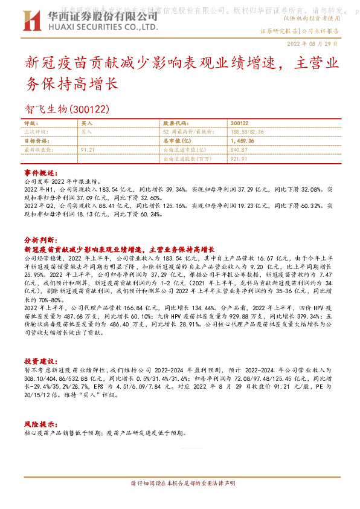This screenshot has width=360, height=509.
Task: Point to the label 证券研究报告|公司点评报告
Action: click(x=299, y=31)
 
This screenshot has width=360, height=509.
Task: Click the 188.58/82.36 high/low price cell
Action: click(x=248, y=131)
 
